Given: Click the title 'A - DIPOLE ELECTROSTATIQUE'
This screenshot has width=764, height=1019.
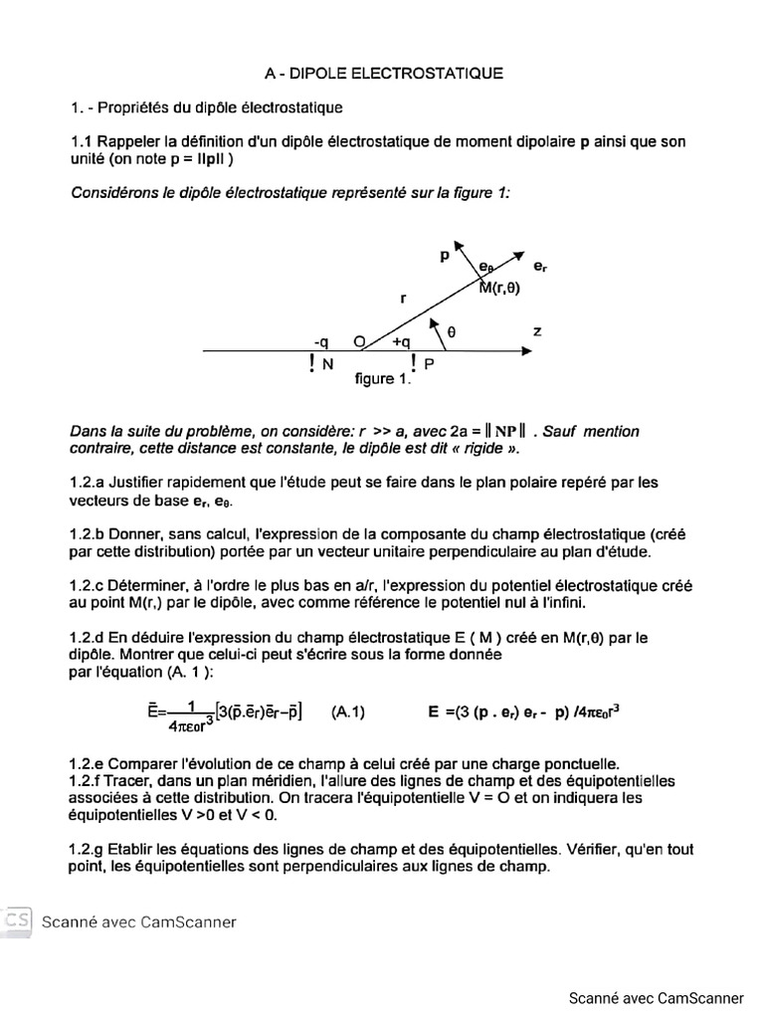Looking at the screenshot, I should tap(384, 73).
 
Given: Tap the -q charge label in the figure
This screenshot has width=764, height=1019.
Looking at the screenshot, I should tap(322, 341).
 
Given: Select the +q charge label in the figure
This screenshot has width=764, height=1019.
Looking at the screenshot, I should tap(401, 341).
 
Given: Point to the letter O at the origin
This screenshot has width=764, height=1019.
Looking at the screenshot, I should tap(359, 341).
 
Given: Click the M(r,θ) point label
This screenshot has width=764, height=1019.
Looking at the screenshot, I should tap(499, 289).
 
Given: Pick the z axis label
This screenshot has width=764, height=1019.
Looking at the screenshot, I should tap(537, 330).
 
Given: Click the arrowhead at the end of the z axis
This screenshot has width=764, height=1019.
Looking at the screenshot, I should tap(522, 350).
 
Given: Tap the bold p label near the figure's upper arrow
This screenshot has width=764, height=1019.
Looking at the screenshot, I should tap(444, 256).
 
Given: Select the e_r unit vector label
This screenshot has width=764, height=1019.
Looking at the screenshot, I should tap(539, 267).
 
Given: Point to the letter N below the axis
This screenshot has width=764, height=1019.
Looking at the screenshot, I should tap(327, 365).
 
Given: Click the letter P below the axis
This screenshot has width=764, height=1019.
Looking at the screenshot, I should tap(429, 365).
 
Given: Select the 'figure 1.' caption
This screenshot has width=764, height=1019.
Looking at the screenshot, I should tap(382, 379).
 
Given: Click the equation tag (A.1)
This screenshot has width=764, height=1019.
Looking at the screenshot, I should tap(348, 712).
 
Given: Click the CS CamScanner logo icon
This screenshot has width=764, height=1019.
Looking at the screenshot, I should tap(17, 920).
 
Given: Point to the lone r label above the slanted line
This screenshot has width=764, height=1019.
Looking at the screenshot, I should tap(403, 297).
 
